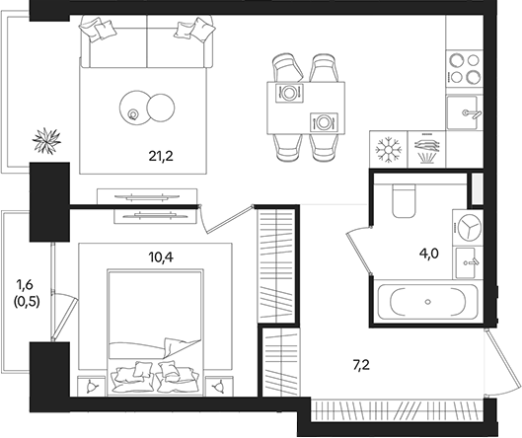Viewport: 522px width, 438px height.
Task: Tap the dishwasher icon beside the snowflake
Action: point(426,150)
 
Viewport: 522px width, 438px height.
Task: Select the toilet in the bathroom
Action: point(404,201)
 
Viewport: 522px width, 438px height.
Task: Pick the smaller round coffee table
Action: point(133,106)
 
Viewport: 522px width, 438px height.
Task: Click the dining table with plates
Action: point(306,107)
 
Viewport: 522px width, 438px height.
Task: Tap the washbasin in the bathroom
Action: point(468,261)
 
